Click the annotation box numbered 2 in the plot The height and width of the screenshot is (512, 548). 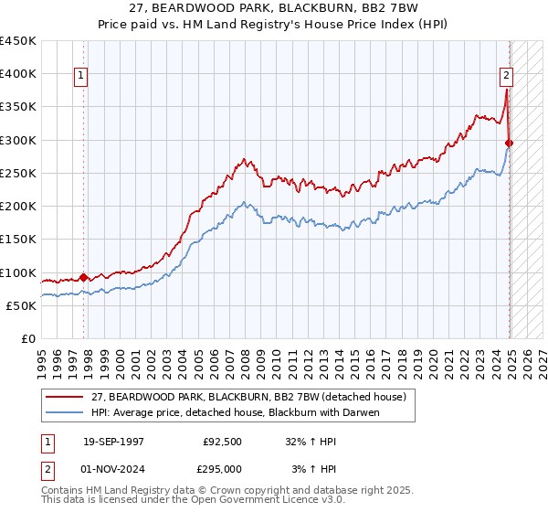(x=505, y=77)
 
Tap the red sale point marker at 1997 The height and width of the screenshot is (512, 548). (x=83, y=277)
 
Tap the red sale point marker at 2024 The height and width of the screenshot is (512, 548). (x=510, y=143)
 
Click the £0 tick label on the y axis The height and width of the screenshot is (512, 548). (x=27, y=339)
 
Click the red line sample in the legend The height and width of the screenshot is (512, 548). (x=66, y=396)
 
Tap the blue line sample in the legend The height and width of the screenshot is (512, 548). (x=66, y=412)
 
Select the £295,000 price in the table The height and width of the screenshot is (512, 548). (x=222, y=468)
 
